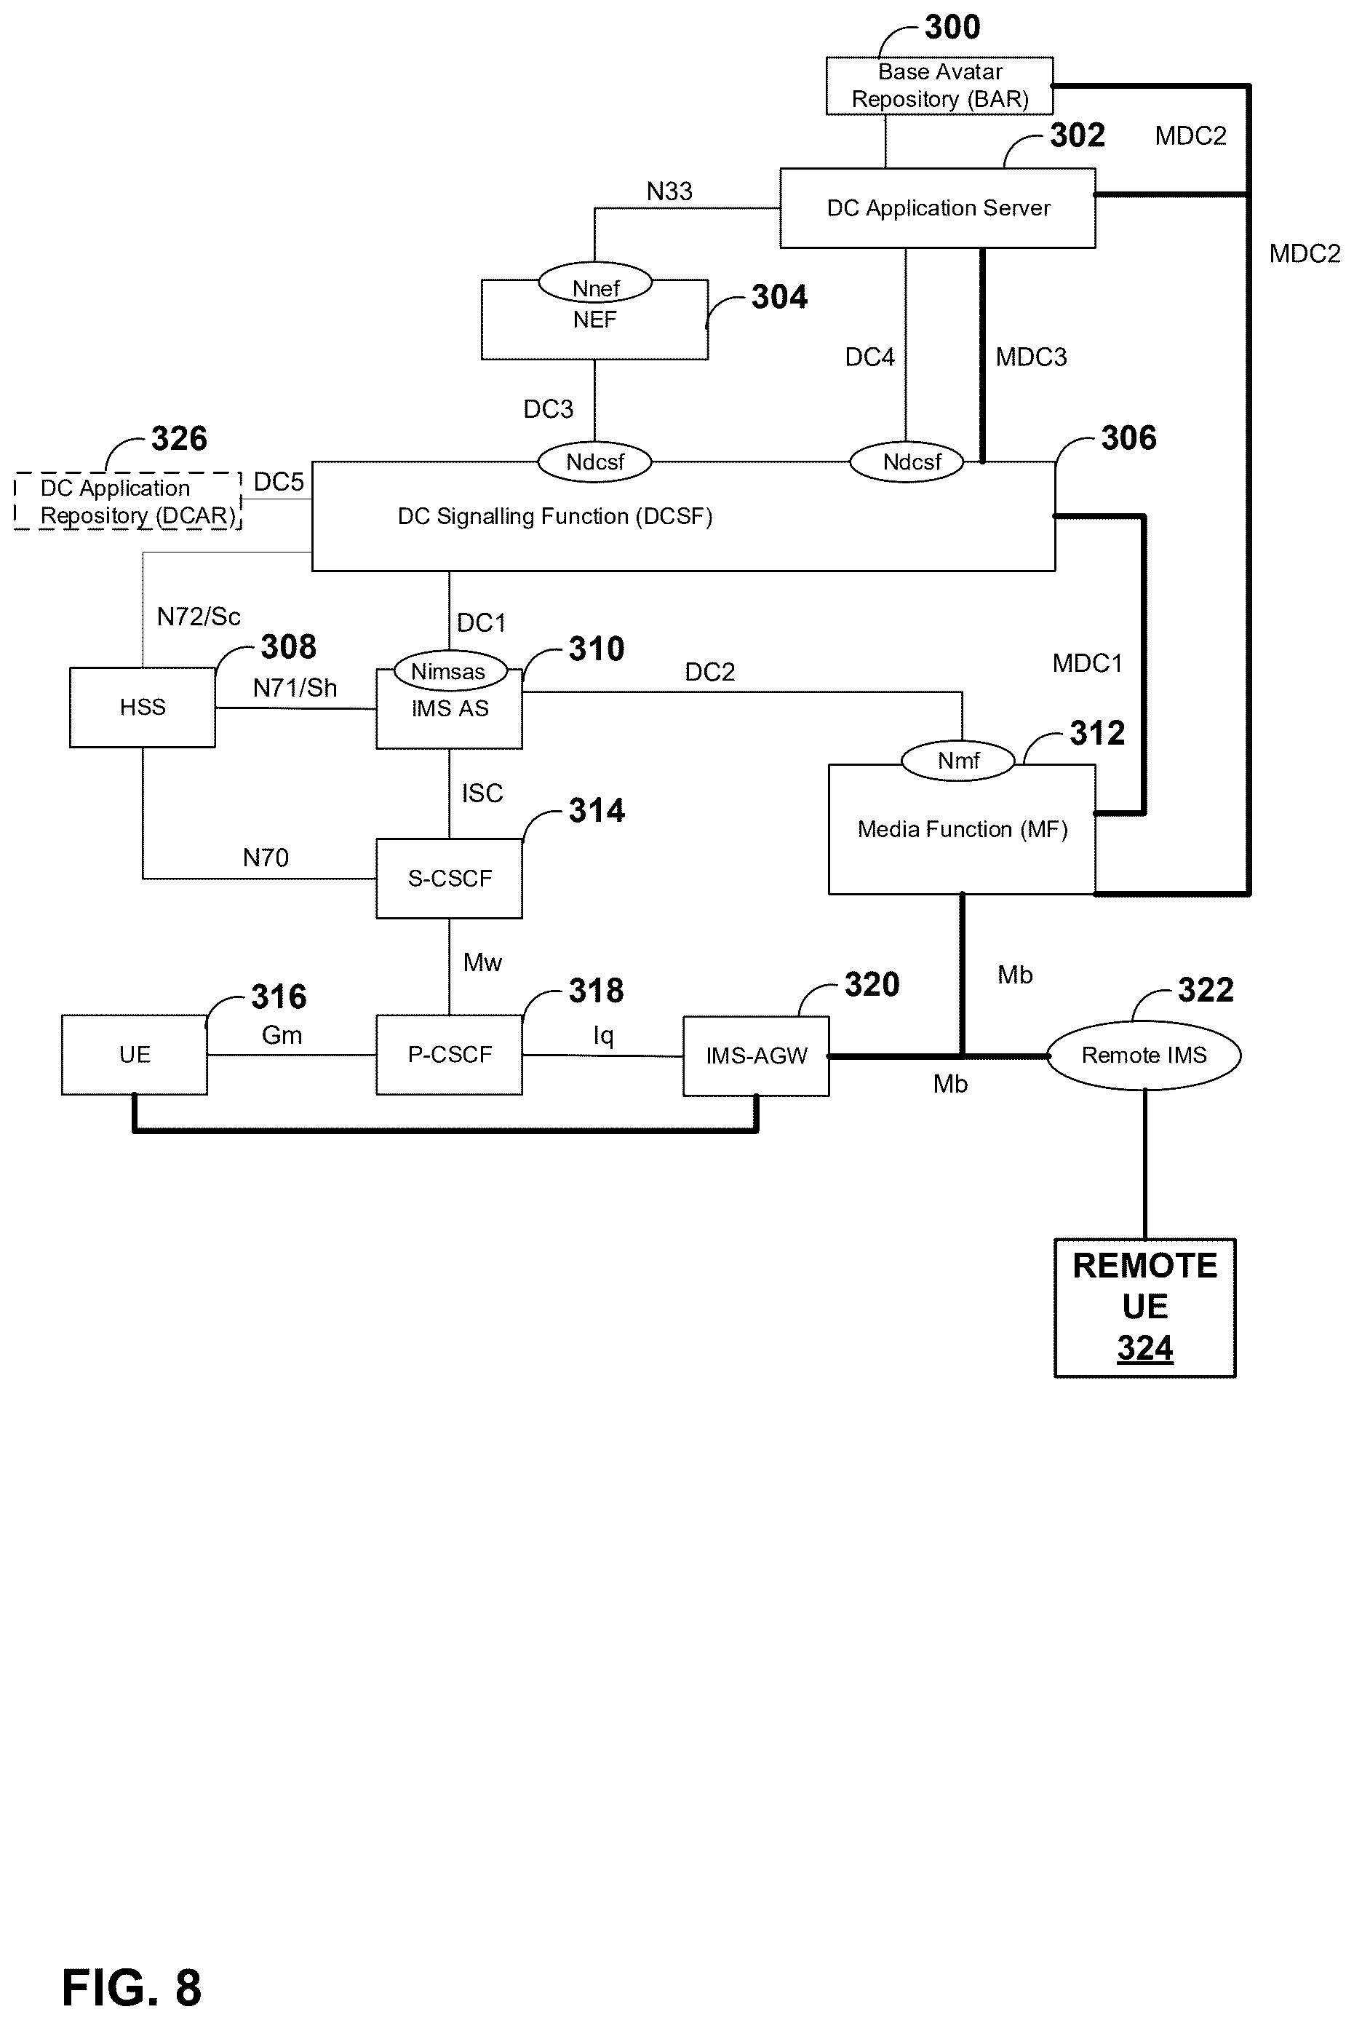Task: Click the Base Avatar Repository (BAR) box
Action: point(939,86)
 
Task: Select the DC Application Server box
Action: point(938,208)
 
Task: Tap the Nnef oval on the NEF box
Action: point(595,282)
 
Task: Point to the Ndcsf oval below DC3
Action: point(594,462)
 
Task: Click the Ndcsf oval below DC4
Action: point(907,462)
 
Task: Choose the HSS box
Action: point(143,708)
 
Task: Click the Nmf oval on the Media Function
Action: point(958,760)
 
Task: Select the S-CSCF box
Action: point(449,879)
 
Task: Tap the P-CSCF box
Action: point(449,1055)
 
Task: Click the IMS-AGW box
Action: point(757,1055)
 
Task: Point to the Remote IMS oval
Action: point(1144,1055)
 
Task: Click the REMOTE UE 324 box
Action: point(1145,1307)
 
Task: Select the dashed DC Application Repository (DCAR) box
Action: point(128,501)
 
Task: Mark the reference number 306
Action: point(1128,438)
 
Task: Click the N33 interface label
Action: point(669,191)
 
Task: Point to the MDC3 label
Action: point(1031,357)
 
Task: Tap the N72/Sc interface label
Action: point(199,616)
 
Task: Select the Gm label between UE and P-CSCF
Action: point(282,1034)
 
